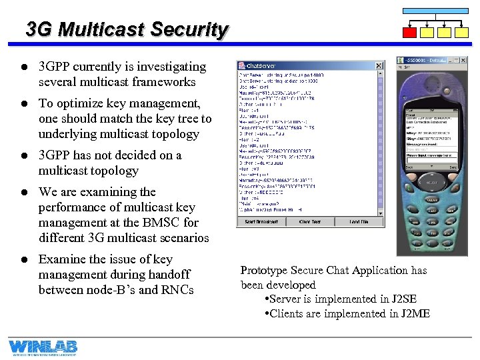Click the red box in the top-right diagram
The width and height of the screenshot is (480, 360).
point(411,32)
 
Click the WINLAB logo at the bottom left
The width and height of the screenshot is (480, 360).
point(43,348)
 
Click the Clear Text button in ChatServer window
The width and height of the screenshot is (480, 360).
point(309,221)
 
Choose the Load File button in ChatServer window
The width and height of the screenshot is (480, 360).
point(359,221)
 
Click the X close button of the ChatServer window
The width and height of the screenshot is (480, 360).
point(379,66)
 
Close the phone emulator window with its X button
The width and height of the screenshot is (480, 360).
point(463,61)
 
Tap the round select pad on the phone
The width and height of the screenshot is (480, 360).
point(432,181)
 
